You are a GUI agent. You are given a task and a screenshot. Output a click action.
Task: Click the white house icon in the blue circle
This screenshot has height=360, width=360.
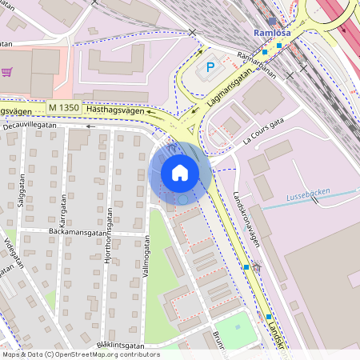pos(180,172)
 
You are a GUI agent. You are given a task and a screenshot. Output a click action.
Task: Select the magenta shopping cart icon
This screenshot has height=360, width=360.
pos(7,72)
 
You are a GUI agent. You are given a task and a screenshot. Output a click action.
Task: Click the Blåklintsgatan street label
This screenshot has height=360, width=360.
pos(120,345)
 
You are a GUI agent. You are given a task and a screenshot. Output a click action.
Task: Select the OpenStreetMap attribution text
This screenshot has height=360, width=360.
pos(80,354)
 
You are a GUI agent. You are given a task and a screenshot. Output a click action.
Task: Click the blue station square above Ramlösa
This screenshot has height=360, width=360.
pos(272,21)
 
